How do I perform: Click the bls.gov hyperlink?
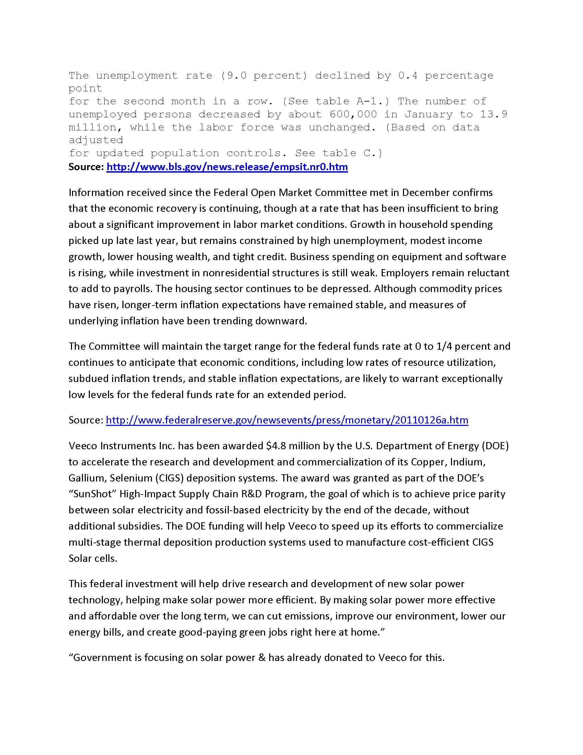tap(227, 167)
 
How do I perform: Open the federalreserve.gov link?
tap(287, 420)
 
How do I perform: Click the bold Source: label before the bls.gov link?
tap(86, 167)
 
